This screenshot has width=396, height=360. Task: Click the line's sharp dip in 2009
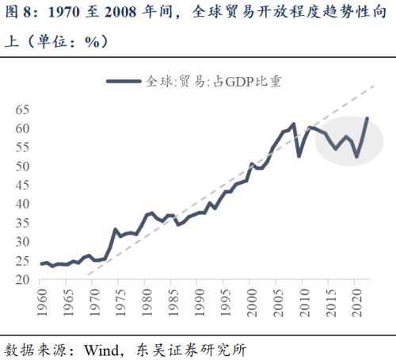pos(299,155)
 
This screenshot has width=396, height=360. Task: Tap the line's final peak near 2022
pos(367,118)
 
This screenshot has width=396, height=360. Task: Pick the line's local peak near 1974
pos(116,229)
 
